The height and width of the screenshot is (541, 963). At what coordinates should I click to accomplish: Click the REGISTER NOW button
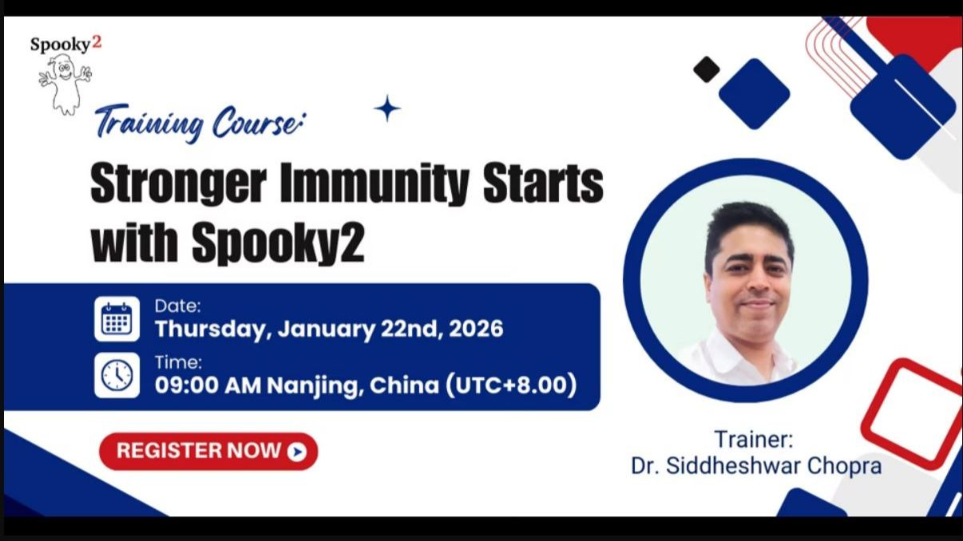click(x=208, y=451)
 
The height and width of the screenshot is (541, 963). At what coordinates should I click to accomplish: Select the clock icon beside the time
click(x=117, y=375)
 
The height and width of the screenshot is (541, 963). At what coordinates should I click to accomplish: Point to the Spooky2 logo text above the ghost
click(x=65, y=44)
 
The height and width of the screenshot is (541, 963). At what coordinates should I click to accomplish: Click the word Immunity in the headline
click(x=375, y=184)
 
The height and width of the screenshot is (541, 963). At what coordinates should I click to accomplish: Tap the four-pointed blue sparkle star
click(x=387, y=109)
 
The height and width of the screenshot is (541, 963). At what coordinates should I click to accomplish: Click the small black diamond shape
click(x=706, y=69)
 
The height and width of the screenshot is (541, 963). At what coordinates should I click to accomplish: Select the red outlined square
click(x=912, y=413)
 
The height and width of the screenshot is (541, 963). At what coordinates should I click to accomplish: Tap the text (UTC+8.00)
click(x=511, y=385)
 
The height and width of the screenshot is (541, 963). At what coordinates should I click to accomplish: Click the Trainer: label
click(x=754, y=439)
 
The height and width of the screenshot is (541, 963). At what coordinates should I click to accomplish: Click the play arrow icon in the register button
click(x=297, y=452)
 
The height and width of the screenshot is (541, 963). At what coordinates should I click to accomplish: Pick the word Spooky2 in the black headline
click(x=277, y=245)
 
